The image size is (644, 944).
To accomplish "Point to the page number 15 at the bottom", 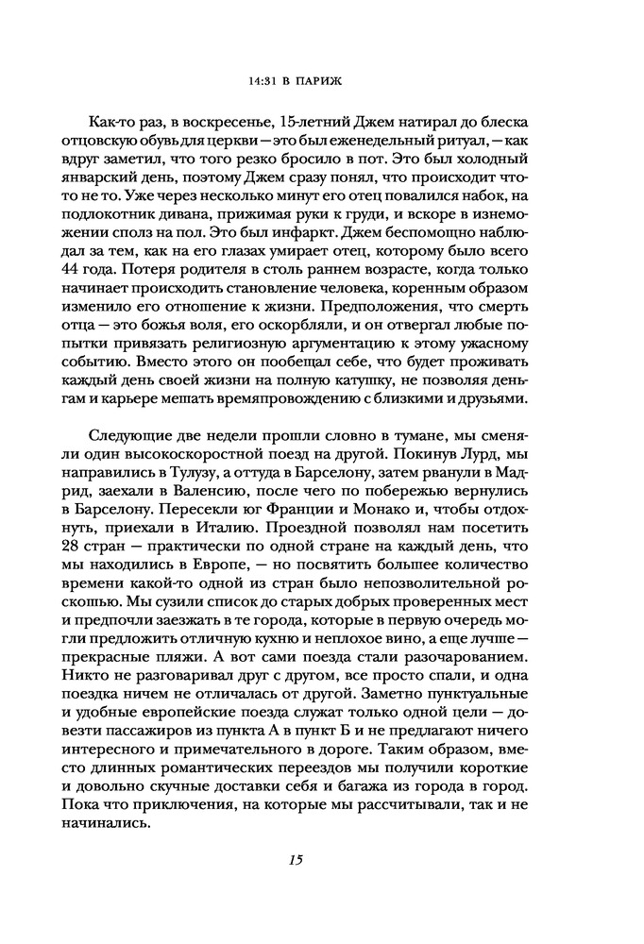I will point(296,859).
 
